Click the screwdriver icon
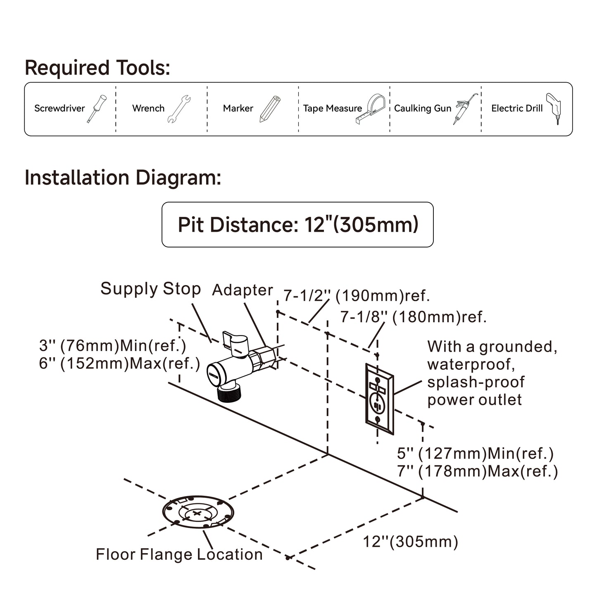[97, 109]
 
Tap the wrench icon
[179, 109]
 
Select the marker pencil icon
[270, 109]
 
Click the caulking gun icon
[466, 108]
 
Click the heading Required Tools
[98, 68]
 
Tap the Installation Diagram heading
[123, 178]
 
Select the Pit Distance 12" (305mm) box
[297, 225]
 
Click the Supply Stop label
[150, 289]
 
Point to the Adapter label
[243, 290]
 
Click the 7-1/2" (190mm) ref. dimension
[357, 296]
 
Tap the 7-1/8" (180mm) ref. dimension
[413, 317]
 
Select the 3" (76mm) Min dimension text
[112, 346]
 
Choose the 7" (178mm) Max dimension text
[477, 471]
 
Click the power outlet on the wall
[379, 399]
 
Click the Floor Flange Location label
[179, 554]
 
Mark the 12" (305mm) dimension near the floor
[410, 542]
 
